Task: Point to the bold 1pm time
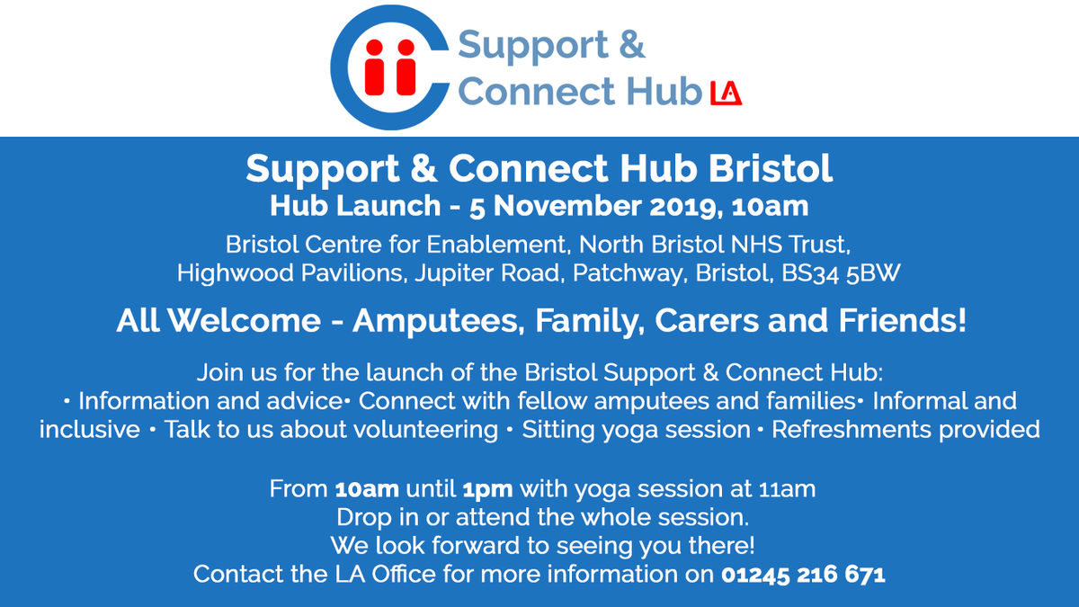click(487, 490)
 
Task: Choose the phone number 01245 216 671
click(803, 574)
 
